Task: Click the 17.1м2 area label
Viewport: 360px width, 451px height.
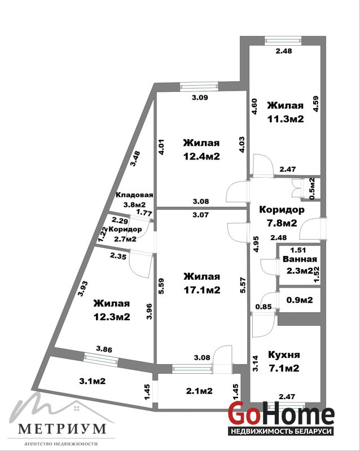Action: [x=202, y=290]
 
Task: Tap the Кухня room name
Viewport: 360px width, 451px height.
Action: [x=284, y=355]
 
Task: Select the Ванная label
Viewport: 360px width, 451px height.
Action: [x=300, y=259]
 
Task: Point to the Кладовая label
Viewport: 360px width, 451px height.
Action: [x=134, y=194]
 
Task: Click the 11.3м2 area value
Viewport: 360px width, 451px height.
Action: [x=286, y=119]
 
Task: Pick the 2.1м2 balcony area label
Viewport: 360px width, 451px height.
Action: [x=199, y=391]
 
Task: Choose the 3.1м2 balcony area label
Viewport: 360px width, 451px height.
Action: [x=92, y=381]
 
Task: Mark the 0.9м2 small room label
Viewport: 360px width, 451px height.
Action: [x=300, y=300]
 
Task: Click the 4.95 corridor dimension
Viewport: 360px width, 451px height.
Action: [x=256, y=244]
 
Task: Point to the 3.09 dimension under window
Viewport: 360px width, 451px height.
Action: [x=200, y=98]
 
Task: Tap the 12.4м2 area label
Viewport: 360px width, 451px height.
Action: [x=202, y=156]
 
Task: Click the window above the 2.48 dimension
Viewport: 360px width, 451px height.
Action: [x=283, y=41]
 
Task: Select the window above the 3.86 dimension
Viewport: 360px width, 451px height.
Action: [x=101, y=360]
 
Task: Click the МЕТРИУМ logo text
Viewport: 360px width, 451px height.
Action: [x=62, y=429]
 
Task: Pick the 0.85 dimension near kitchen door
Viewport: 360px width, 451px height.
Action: [x=264, y=307]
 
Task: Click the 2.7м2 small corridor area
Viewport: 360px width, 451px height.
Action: [x=125, y=238]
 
